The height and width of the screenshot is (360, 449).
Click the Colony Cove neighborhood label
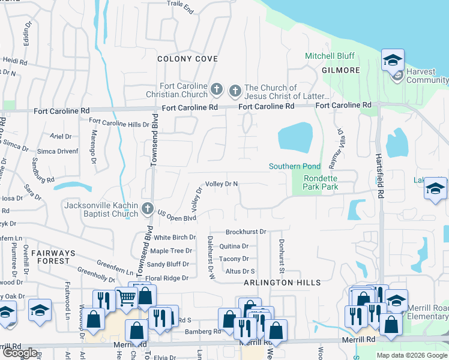187,59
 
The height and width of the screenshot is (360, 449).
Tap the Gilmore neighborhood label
340,70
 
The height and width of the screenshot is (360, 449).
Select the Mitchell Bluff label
330,56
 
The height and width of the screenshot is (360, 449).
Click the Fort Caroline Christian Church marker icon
217,91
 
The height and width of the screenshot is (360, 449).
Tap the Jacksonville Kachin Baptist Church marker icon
148,209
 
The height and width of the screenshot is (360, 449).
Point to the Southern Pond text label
294,166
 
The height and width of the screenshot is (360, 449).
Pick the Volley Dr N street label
222,184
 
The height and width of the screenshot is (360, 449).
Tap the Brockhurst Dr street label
246,232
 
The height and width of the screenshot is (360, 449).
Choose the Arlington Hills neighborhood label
282,283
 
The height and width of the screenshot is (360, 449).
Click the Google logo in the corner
20,353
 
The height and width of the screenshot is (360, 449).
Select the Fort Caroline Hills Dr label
119,124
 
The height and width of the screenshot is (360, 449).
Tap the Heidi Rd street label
15,61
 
